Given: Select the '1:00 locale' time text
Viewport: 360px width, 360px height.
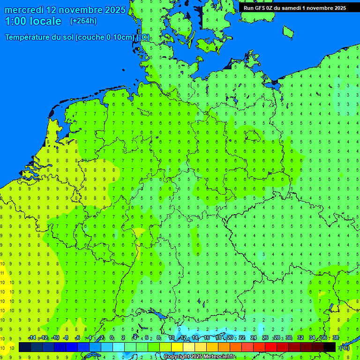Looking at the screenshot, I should point(33,21).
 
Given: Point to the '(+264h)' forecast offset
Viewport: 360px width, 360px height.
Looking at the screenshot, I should point(83,21).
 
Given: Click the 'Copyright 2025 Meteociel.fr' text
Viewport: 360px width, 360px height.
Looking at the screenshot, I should point(199,357).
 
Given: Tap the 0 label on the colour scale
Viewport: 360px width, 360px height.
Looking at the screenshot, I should point(112,338).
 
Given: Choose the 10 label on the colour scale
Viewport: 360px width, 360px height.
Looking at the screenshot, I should point(172,338).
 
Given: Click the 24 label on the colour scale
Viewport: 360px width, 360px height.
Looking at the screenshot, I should point(254,338).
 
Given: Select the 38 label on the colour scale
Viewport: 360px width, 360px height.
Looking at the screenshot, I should point(336,338).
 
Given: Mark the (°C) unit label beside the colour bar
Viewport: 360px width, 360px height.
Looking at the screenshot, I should point(345,347).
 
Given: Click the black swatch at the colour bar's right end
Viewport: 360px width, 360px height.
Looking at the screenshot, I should point(330,347).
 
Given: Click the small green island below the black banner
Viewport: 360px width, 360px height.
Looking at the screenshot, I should point(288,31).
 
